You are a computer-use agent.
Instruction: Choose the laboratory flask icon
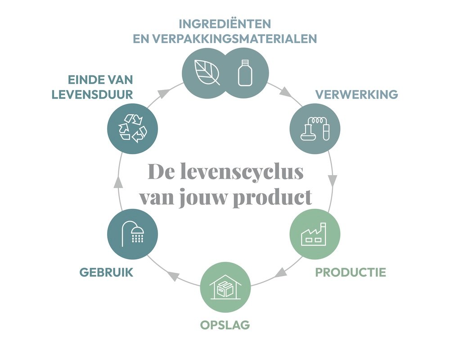pos(315,130)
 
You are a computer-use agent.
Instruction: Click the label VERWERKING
pos(356,94)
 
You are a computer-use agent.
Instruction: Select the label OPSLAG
pos(225,324)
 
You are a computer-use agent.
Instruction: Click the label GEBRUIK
pos(106,272)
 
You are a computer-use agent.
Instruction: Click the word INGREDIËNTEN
pos(225,23)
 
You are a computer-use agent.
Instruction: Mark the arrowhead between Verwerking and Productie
pos(333,181)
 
